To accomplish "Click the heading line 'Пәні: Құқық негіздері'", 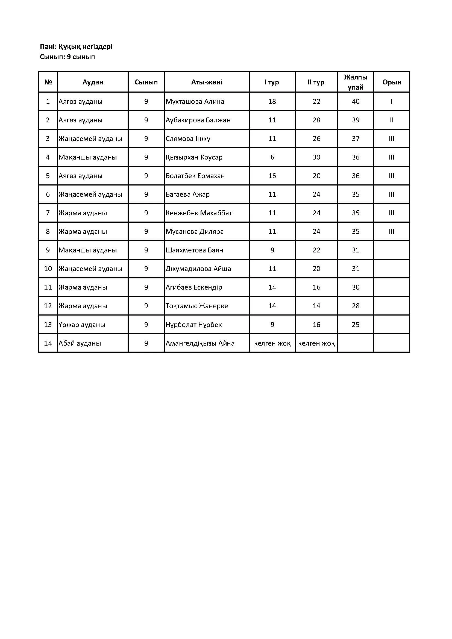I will point(76,46).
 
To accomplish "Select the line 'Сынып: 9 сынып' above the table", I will point(67,57).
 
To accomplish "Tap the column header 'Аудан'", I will point(93,82).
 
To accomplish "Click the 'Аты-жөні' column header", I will point(207,82).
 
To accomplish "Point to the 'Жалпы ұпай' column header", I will point(356,82).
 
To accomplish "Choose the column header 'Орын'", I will point(392,82).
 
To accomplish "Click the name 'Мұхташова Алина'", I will point(195,102).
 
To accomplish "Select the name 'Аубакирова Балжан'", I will point(198,120).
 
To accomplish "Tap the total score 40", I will point(356,102).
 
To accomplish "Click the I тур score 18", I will point(272,102).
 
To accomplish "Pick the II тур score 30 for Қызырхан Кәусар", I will point(316,157).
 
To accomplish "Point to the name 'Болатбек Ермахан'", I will point(195,176).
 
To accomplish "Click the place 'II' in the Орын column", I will point(392,120).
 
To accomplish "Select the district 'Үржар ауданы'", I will point(82,325).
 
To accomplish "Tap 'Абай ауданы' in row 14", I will point(80,343).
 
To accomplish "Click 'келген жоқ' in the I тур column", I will point(272,343).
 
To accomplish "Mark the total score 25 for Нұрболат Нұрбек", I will point(356,325).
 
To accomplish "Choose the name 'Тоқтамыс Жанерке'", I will point(197,306).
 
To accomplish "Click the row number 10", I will point(48,269).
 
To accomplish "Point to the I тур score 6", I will point(272,157).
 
